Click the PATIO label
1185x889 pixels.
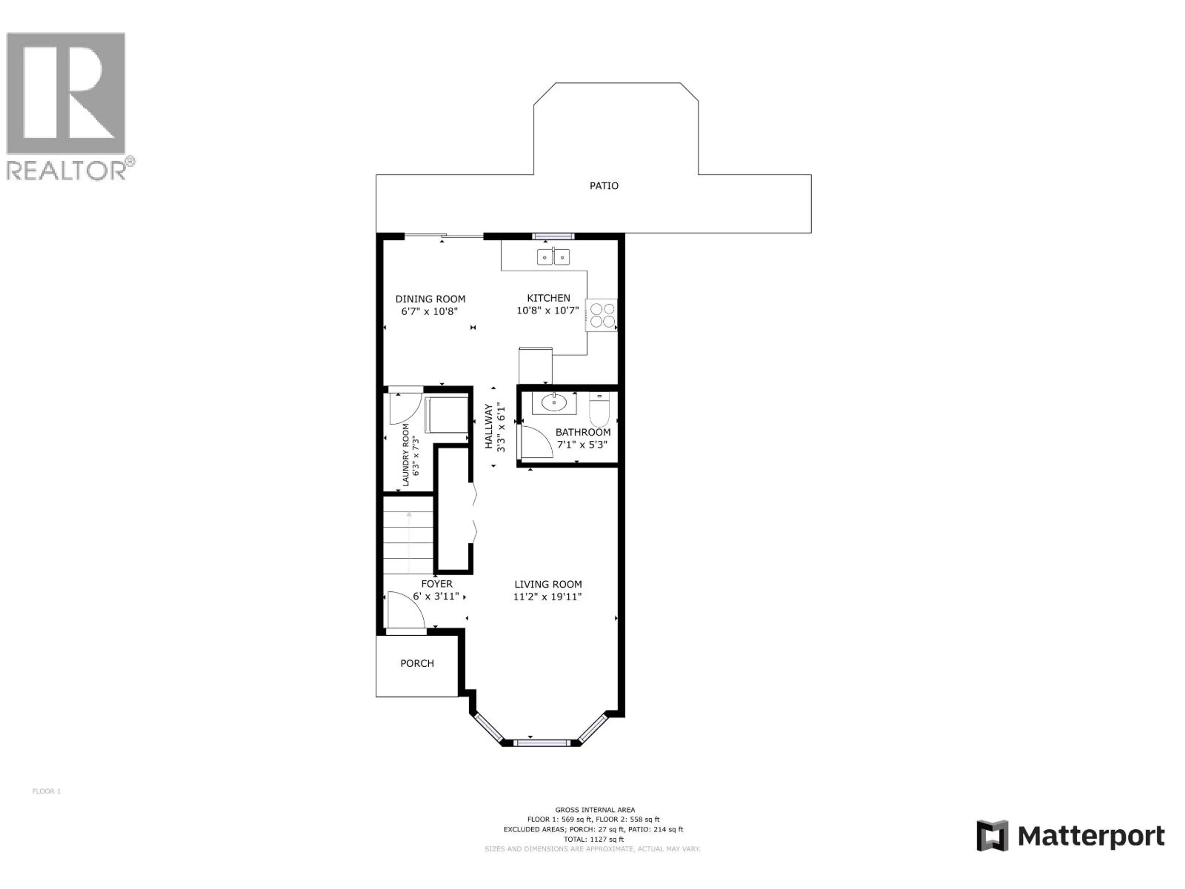click(604, 186)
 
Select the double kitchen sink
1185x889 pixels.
click(553, 257)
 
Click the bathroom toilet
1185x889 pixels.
click(599, 409)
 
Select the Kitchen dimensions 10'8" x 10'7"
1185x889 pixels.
click(547, 310)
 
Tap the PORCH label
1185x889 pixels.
click(417, 663)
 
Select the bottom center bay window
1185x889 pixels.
click(541, 743)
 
